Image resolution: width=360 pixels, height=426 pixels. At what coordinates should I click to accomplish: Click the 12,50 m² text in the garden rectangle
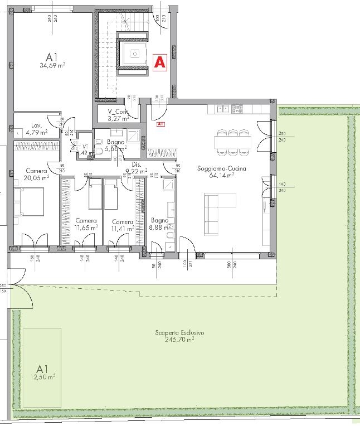[43, 377]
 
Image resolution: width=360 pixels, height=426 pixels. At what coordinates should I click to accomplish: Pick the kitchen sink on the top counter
[222, 108]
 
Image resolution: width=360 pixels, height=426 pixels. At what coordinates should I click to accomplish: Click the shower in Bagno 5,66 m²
[134, 135]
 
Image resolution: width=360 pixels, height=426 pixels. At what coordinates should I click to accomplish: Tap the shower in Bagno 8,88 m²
[168, 185]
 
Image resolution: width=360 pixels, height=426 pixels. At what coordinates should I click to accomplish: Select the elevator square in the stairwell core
[134, 54]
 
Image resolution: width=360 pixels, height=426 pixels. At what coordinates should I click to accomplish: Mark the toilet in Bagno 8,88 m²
[169, 239]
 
